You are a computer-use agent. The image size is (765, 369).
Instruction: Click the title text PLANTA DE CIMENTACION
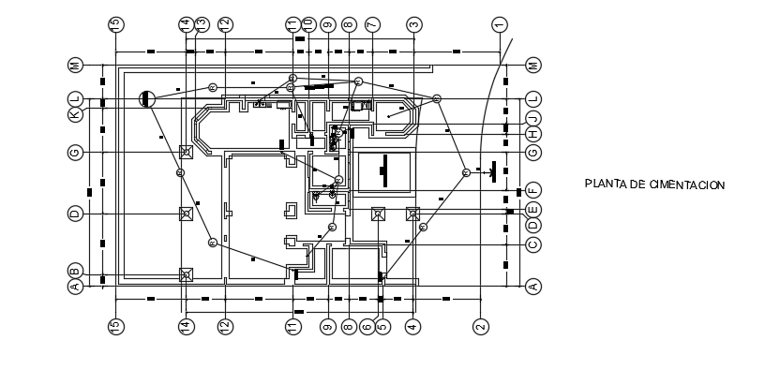pos(654,185)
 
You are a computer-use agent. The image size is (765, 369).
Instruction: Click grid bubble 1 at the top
pos(499,24)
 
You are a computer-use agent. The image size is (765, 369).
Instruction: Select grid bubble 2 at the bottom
pos(480,326)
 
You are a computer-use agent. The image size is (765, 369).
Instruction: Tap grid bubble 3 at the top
pos(413,24)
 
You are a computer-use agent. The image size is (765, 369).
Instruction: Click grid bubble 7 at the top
pos(372,24)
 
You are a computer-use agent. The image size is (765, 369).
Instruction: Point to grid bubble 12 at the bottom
pos(226,326)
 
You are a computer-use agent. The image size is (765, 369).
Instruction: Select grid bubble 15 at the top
pos(116,24)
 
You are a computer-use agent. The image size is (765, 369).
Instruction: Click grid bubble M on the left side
pos(75,66)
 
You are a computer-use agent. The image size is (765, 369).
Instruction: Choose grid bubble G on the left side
pos(75,152)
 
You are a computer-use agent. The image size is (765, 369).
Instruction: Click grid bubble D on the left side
pos(75,214)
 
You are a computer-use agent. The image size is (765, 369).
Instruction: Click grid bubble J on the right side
pos(532,118)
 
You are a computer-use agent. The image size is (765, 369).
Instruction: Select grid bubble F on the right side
pos(532,190)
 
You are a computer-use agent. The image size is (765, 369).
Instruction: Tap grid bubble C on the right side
pos(532,245)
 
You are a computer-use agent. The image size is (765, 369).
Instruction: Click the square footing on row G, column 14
pos(186,152)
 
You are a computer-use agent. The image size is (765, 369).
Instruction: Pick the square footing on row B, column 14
pos(186,274)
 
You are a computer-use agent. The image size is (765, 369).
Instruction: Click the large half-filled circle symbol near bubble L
pos(147,98)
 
